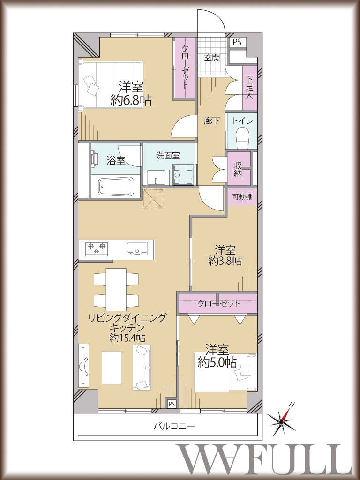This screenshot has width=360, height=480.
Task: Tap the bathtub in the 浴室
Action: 116,187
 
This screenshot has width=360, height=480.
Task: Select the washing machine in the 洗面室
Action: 183,175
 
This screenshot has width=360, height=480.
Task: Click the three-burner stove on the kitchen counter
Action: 97,247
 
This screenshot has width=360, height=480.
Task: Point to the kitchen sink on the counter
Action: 137,247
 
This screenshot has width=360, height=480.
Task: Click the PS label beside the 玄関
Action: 237,42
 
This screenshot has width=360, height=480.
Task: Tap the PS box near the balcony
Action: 172,404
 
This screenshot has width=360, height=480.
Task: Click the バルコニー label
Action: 174,426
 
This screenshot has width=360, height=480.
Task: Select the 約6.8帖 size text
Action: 131,100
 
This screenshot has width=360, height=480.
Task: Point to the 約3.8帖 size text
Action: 225,261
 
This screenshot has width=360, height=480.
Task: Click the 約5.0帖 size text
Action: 217,363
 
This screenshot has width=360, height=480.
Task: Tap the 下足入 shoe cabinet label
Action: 249,87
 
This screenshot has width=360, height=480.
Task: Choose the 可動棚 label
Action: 242,196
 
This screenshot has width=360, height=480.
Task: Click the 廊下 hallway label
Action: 212,121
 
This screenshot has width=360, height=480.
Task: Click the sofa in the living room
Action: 142,367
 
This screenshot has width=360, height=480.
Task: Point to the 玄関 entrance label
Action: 212,58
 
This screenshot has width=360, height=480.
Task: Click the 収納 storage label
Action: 238,169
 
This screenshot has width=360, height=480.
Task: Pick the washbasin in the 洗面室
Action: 157,177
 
